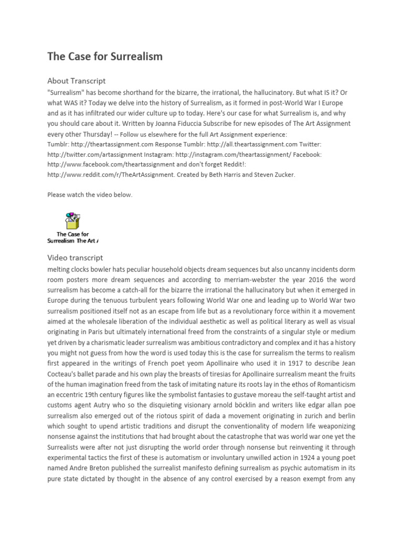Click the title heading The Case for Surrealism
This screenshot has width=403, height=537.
[105, 57]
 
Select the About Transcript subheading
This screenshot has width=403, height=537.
[76, 81]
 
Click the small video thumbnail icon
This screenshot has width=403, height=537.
[72, 220]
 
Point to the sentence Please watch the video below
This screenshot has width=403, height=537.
[90, 195]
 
